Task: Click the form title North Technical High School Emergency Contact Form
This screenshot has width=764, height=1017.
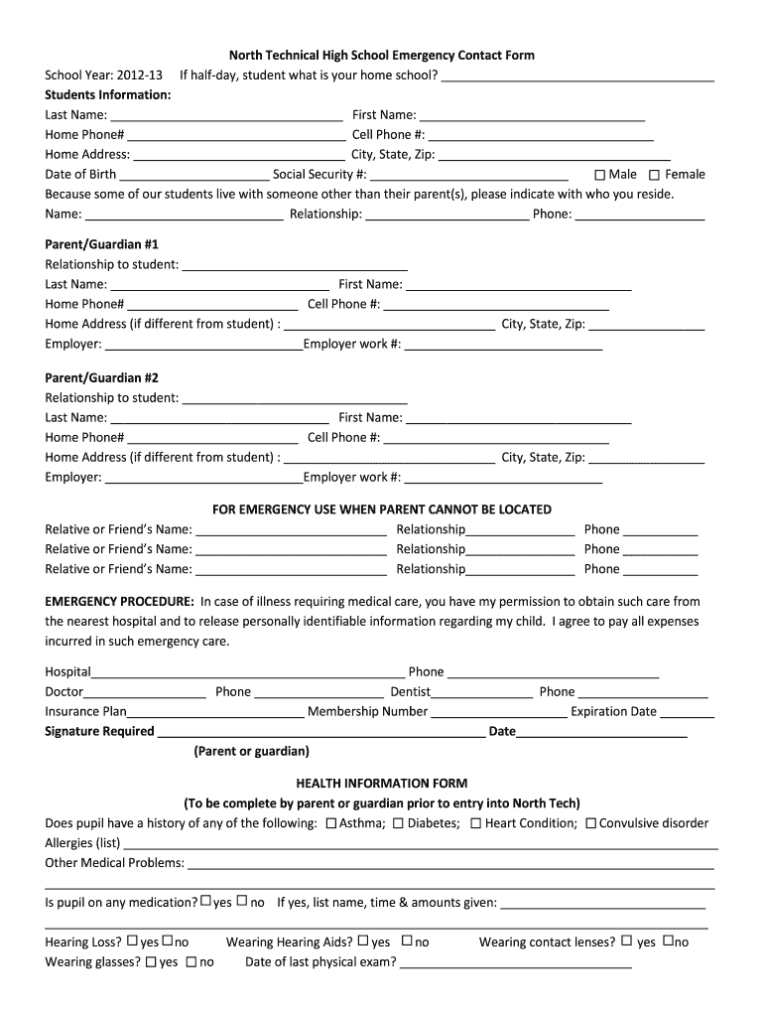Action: pyautogui.click(x=382, y=56)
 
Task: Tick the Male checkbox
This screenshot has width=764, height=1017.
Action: pyautogui.click(x=599, y=175)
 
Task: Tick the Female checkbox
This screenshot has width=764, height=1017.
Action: pyautogui.click(x=654, y=175)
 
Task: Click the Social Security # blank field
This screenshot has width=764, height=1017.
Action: pyautogui.click(x=469, y=175)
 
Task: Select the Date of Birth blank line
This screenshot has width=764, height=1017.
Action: pyautogui.click(x=193, y=175)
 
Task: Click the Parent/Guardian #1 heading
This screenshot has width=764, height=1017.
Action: pyautogui.click(x=101, y=244)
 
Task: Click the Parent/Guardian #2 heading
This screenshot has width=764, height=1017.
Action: pyautogui.click(x=101, y=378)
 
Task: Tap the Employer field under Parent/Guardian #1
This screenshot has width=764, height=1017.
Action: pyautogui.click(x=203, y=345)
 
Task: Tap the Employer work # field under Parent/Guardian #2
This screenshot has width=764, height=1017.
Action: pyautogui.click(x=503, y=478)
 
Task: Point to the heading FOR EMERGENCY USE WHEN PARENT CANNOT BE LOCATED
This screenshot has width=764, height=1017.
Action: pyautogui.click(x=382, y=509)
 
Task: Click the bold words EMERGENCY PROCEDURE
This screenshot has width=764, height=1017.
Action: pyautogui.click(x=119, y=602)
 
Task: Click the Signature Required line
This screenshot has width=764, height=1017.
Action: pyautogui.click(x=321, y=732)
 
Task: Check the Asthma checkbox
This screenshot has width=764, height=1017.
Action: pyautogui.click(x=331, y=823)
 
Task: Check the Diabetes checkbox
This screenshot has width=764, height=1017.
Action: pyautogui.click(x=398, y=823)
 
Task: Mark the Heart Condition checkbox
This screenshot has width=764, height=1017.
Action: pyautogui.click(x=476, y=823)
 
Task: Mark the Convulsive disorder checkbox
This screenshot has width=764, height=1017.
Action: pyautogui.click(x=590, y=823)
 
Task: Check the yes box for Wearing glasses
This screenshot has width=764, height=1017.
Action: pyautogui.click(x=151, y=961)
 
